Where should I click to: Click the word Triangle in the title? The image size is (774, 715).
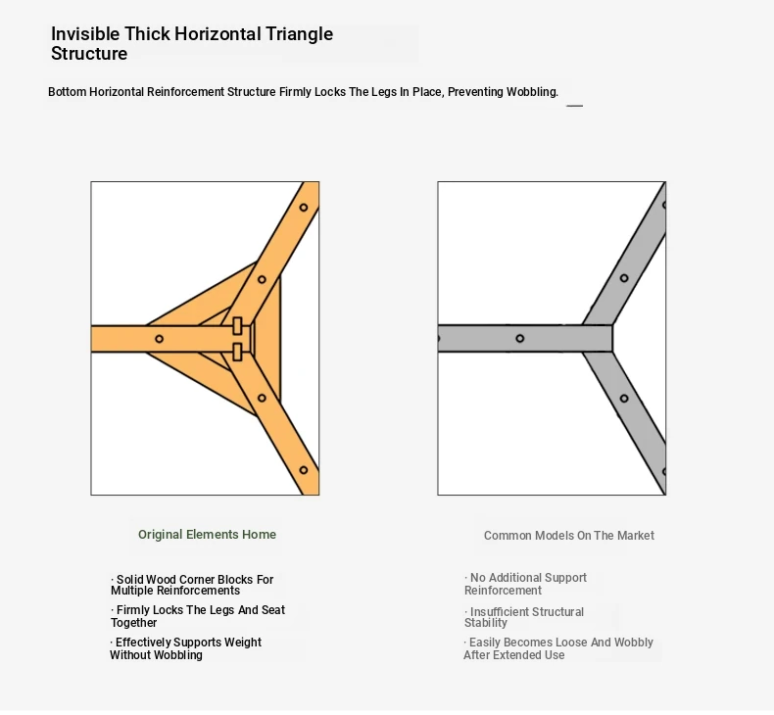pyautogui.click(x=299, y=34)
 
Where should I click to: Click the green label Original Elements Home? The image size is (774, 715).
pyautogui.click(x=207, y=535)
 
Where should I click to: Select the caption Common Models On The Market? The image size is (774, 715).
pyautogui.click(x=568, y=536)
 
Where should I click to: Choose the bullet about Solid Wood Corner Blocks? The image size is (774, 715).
pyautogui.click(x=192, y=585)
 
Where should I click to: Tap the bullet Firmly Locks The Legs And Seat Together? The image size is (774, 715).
pyautogui.click(x=198, y=616)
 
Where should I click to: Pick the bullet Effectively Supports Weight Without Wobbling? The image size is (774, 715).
pyautogui.click(x=185, y=648)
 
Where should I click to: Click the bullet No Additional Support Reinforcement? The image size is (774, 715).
pyautogui.click(x=525, y=584)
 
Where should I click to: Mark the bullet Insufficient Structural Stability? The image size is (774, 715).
pyautogui.click(x=524, y=617)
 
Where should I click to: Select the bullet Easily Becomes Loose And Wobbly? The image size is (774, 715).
pyautogui.click(x=558, y=648)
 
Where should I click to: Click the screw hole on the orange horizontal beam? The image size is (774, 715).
pyautogui.click(x=159, y=339)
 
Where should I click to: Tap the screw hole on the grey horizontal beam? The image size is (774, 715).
pyautogui.click(x=520, y=339)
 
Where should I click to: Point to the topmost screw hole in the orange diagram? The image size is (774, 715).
pyautogui.click(x=304, y=208)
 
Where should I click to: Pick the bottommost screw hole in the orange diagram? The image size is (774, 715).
pyautogui.click(x=304, y=470)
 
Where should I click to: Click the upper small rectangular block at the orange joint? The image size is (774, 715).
pyautogui.click(x=237, y=326)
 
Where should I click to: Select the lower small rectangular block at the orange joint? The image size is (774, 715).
pyautogui.click(x=237, y=352)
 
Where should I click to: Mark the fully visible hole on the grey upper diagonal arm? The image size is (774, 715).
pyautogui.click(x=624, y=278)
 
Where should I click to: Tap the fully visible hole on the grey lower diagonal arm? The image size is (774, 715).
pyautogui.click(x=624, y=399)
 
